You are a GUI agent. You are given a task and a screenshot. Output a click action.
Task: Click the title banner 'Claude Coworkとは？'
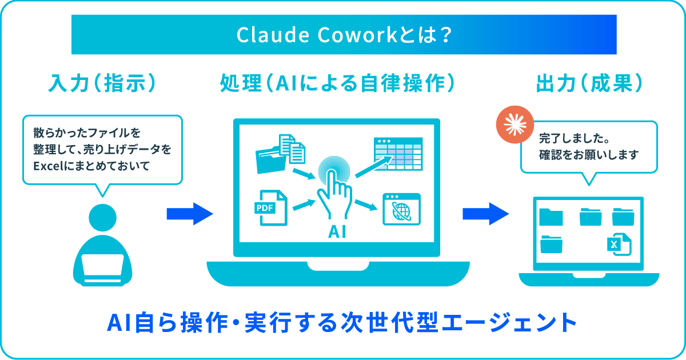pyautogui.click(x=344, y=35)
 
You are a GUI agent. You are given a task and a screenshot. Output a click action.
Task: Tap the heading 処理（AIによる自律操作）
pyautogui.click(x=338, y=85)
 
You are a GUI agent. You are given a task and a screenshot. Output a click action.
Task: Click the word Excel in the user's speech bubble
pyautogui.click(x=47, y=166)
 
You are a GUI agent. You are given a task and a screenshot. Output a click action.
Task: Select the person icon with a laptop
pyautogui.click(x=103, y=246)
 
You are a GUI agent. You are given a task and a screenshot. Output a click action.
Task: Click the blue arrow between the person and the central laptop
pyautogui.click(x=189, y=214)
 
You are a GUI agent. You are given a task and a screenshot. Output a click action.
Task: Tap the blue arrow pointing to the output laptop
pyautogui.click(x=485, y=214)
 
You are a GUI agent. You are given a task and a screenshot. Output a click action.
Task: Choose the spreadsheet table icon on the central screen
pyautogui.click(x=398, y=154)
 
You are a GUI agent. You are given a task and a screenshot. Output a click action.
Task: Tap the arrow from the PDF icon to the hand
pyautogui.click(x=304, y=204)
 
